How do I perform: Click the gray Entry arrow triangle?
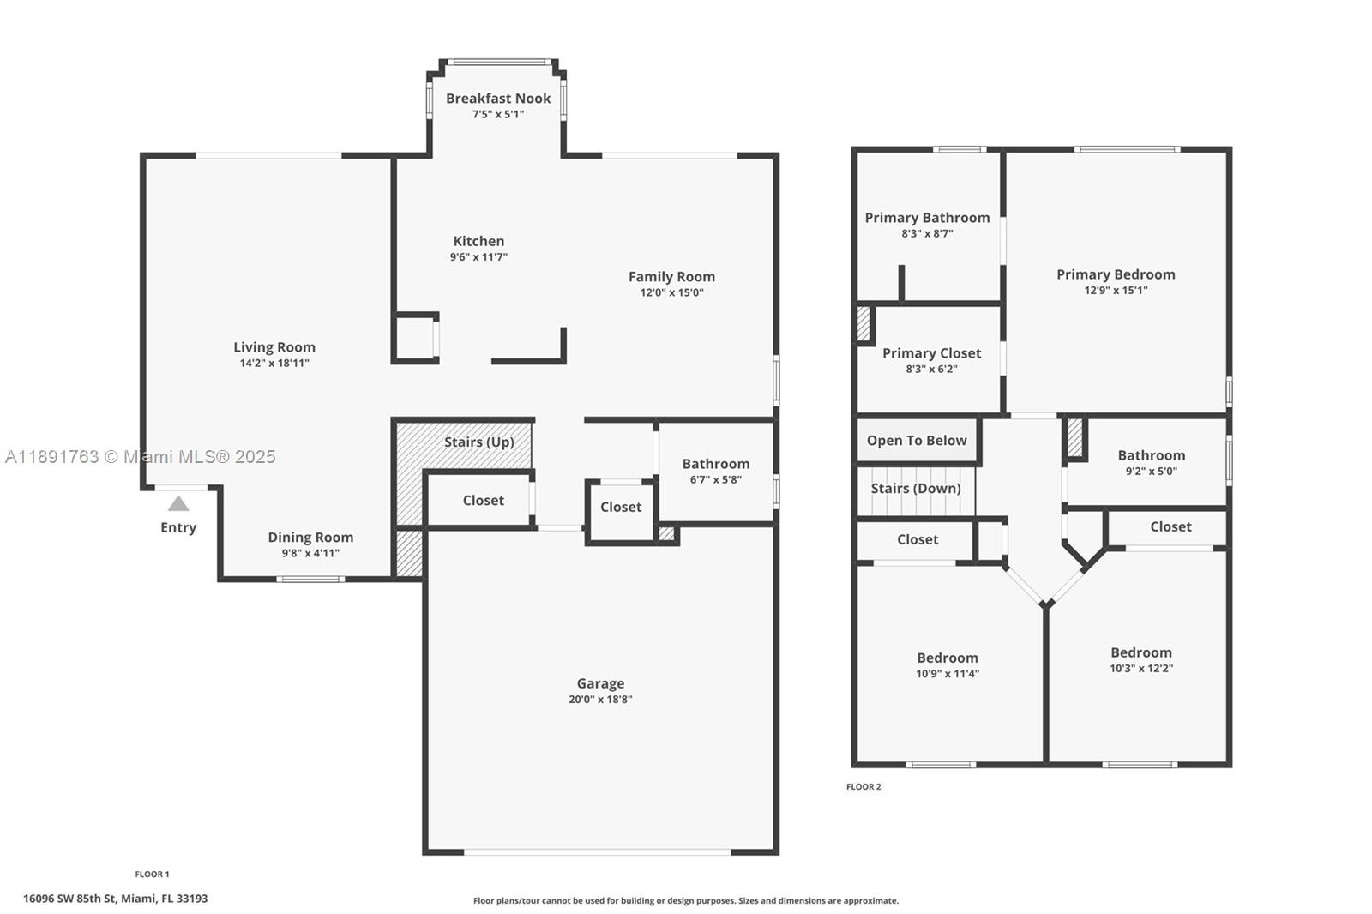click(x=178, y=503)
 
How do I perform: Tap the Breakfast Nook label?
click(x=498, y=98)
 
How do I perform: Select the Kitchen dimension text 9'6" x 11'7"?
click(x=478, y=256)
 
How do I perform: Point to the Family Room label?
click(x=671, y=277)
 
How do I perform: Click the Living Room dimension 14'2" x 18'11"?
click(x=274, y=363)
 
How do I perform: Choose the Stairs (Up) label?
click(x=479, y=442)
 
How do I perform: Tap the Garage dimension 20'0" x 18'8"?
click(x=600, y=699)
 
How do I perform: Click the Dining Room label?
click(x=310, y=538)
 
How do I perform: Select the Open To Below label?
click(x=917, y=441)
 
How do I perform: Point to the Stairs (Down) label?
click(x=916, y=488)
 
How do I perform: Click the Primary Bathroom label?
click(x=927, y=218)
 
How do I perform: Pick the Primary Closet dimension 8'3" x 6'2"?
click(x=931, y=369)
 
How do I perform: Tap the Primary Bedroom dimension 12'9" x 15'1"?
click(x=1116, y=290)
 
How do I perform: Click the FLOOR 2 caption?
click(x=864, y=786)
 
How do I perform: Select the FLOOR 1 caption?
click(x=152, y=875)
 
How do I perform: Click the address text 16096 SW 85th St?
click(x=69, y=899)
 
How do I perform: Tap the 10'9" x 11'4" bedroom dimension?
click(x=948, y=674)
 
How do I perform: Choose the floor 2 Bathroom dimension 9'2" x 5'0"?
click(x=1152, y=471)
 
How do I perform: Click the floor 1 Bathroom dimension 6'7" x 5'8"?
click(x=716, y=479)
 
